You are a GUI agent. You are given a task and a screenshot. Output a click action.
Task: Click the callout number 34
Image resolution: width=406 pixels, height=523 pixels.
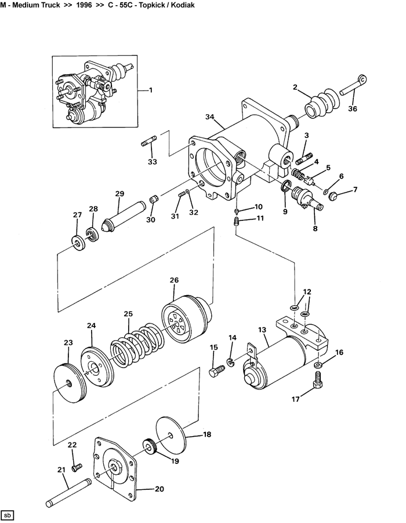pos(209,117)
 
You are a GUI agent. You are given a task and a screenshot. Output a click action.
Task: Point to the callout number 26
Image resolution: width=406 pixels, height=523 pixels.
pos(174,280)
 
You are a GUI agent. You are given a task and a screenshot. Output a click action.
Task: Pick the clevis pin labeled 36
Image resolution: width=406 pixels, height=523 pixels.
pos(354,85)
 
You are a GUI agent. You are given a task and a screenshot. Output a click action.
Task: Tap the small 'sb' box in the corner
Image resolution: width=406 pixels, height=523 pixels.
pos(7,515)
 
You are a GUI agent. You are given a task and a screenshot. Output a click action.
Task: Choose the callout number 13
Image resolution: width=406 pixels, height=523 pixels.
pos(262,330)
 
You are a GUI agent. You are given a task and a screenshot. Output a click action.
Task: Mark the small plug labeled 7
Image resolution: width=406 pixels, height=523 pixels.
pos(332,196)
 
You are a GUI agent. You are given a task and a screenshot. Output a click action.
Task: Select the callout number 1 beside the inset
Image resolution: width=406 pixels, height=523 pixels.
pos(150,90)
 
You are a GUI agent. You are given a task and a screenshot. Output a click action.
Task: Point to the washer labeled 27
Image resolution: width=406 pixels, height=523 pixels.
pos(79,242)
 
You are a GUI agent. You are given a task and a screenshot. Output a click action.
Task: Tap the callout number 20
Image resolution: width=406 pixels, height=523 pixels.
pos(159,489)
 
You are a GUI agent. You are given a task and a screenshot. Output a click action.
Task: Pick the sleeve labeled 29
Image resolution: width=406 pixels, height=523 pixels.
pos(124,217)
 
